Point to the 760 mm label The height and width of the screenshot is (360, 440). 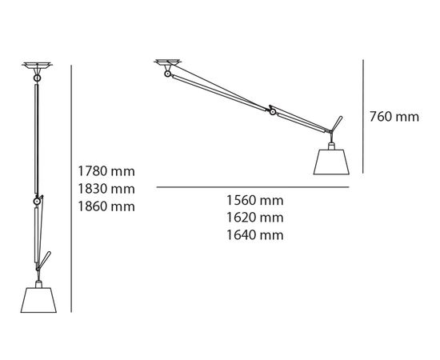(394, 117)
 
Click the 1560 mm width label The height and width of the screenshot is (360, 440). (255, 201)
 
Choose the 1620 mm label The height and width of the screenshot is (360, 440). (255, 218)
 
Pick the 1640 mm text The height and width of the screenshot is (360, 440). (255, 234)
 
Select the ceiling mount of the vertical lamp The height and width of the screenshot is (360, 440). (37, 64)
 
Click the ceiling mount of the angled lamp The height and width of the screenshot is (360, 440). (167, 62)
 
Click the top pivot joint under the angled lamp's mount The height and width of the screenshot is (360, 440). (166, 75)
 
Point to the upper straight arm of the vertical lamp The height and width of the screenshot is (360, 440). (37, 136)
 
